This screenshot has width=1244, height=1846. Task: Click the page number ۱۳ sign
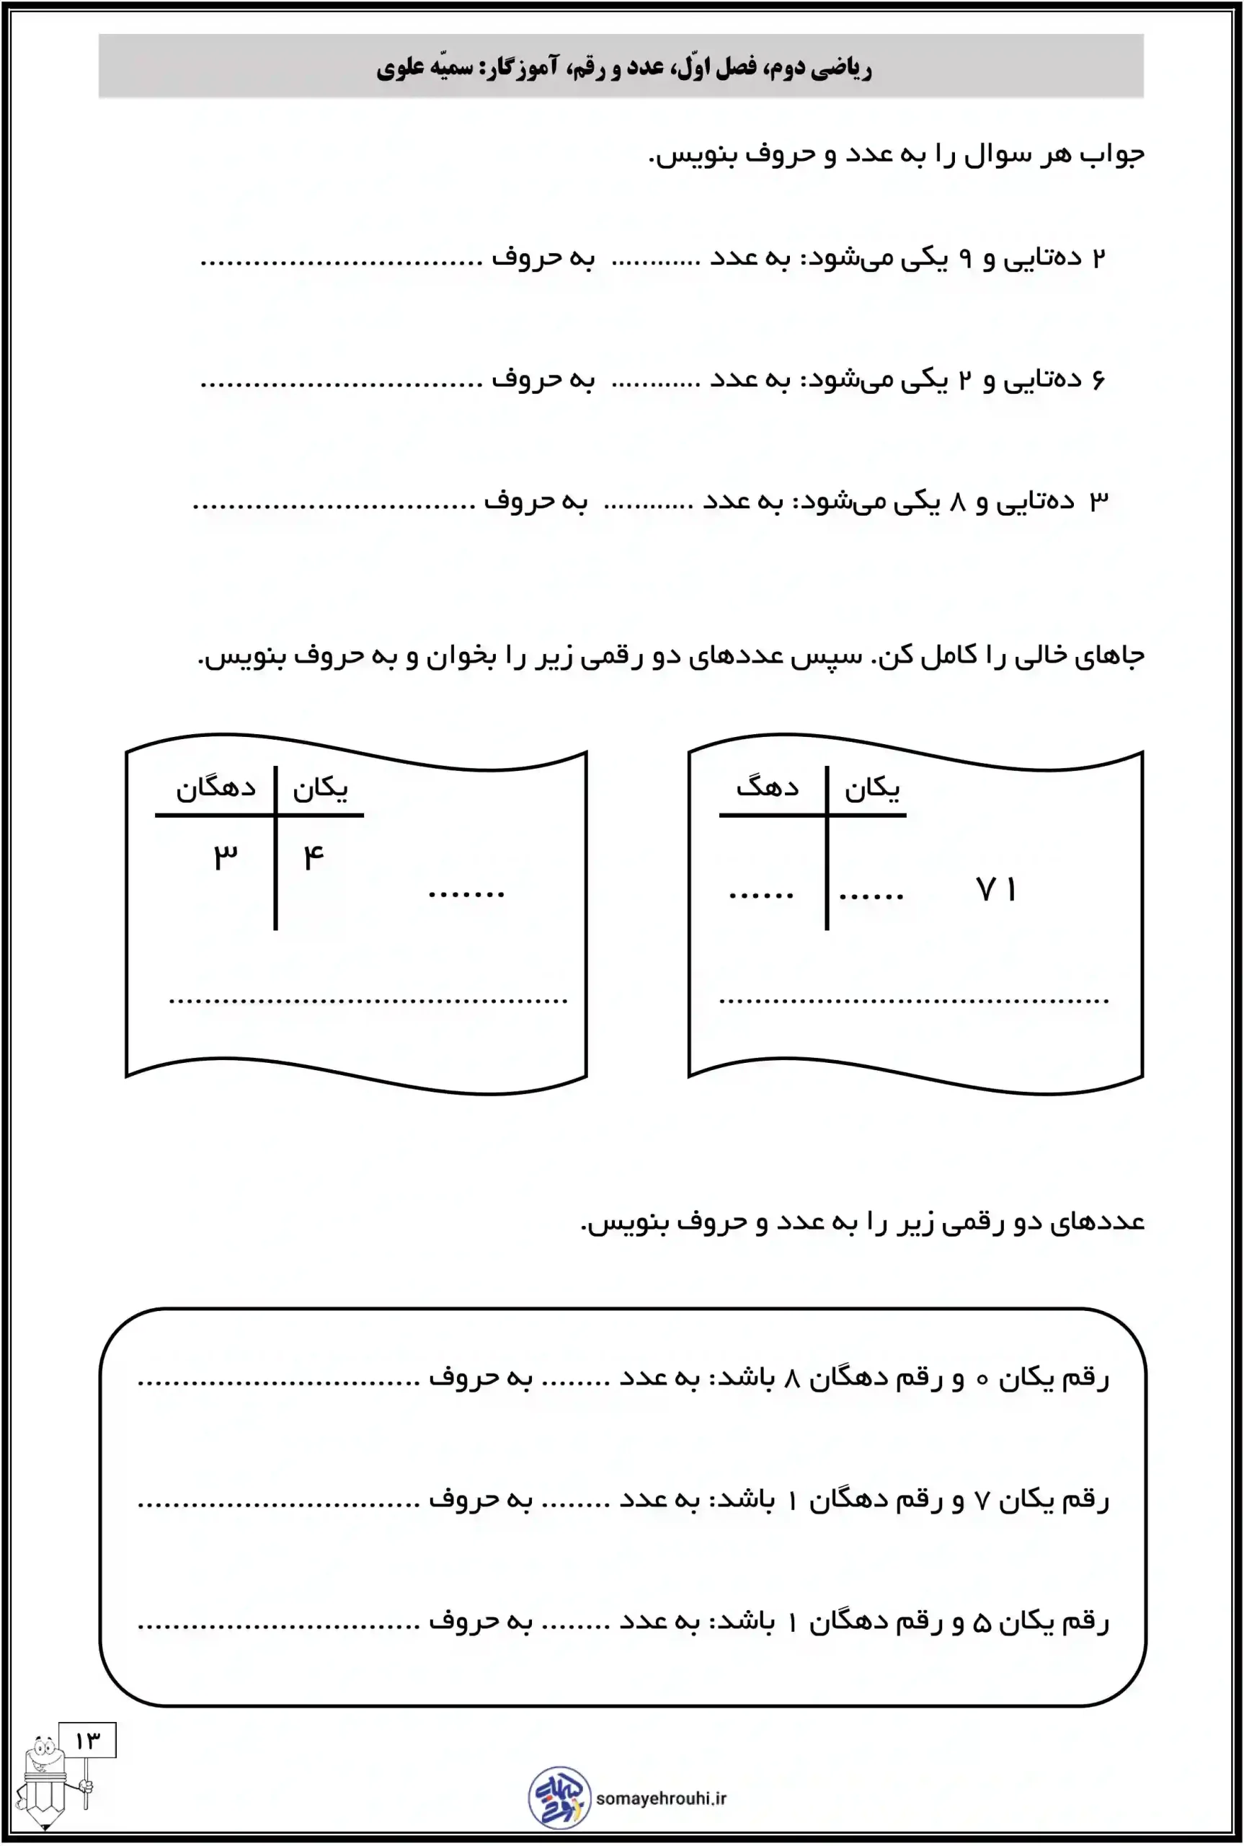[87, 1741]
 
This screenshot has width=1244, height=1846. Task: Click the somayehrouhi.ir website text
[661, 1798]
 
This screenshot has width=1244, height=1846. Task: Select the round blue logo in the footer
[559, 1797]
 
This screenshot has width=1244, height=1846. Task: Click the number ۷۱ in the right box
[995, 889]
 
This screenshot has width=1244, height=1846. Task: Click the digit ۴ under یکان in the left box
[314, 857]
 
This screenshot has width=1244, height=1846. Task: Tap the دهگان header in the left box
[216, 788]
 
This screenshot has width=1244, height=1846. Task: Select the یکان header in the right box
[872, 788]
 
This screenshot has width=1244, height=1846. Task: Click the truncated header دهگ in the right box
[767, 787]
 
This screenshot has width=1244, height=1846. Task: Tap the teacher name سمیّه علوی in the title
[425, 68]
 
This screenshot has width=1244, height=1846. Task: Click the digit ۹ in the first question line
[965, 258]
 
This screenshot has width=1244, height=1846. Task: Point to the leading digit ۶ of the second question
[1098, 379]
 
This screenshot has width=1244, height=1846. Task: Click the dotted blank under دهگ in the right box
[762, 895]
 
